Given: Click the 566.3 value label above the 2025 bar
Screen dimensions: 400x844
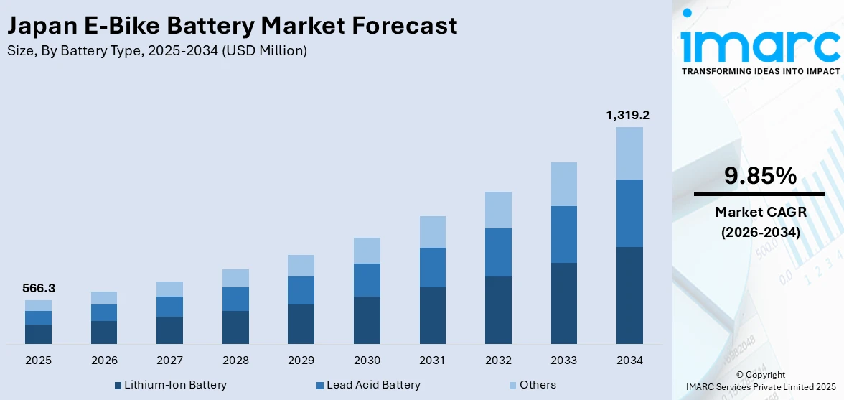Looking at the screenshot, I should coord(38,288).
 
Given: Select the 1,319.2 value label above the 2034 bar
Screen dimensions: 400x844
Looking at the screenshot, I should coord(628,115).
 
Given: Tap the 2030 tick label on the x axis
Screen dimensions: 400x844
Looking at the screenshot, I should coord(367,360).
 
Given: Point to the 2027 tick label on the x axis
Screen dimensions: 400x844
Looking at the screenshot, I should coord(169,360).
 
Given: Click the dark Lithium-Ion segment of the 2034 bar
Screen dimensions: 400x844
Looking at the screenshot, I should coord(629,295).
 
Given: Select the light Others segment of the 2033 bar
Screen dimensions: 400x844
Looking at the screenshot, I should coord(563,184).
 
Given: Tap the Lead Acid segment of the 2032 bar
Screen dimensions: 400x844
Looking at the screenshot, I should coord(498,252).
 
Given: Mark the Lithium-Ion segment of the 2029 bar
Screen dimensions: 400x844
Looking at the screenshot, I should coord(301,324).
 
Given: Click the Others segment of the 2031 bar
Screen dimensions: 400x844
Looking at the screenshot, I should coord(432,232).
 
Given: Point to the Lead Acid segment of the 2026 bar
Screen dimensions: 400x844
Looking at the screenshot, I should coord(104,312).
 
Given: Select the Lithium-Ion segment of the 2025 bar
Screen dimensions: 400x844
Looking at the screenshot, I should coord(38,334).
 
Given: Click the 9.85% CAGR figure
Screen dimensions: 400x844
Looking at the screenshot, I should coord(759,176).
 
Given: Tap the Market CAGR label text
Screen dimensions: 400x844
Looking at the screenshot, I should coord(759,212).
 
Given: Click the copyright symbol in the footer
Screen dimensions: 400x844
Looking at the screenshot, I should coord(741,375).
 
